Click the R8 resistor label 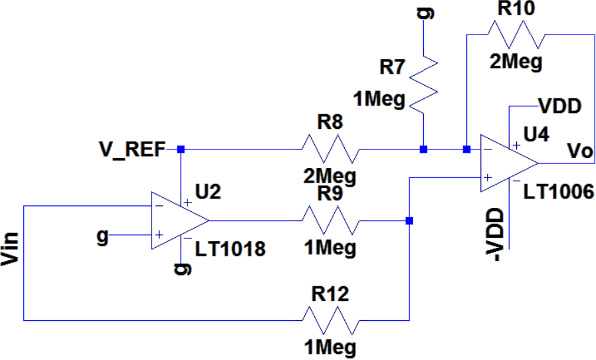(x=330, y=122)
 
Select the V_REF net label (x=132, y=149)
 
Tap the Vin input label (x=10, y=248)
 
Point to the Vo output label (x=579, y=151)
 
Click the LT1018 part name (x=230, y=249)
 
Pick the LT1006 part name (x=558, y=191)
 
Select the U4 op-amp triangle (x=509, y=163)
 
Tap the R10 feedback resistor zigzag (x=516, y=35)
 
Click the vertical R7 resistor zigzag (x=423, y=85)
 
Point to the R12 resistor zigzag (x=330, y=320)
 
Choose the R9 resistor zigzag (x=330, y=221)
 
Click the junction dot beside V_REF (x=181, y=149)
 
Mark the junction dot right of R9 (x=409, y=221)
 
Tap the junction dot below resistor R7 (x=423, y=149)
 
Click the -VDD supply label (x=495, y=234)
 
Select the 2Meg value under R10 (x=516, y=62)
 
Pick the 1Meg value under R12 (x=330, y=347)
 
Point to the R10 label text (x=516, y=9)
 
